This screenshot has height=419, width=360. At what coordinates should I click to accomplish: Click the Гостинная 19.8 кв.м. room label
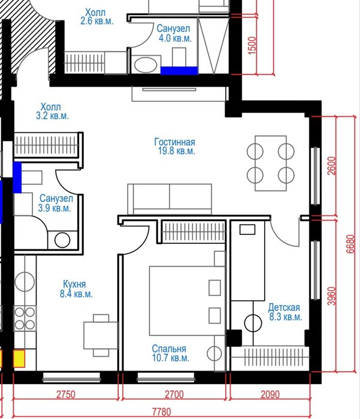(175, 146)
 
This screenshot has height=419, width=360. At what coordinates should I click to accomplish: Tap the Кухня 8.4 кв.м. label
(76, 289)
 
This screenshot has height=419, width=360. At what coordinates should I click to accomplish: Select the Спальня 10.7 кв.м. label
(170, 353)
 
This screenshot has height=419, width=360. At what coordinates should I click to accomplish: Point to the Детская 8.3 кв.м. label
(286, 312)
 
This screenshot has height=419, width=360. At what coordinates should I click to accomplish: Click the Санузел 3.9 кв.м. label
(56, 203)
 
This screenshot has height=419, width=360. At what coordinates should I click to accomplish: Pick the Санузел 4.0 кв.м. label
(174, 33)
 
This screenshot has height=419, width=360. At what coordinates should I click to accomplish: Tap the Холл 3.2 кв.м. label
(52, 111)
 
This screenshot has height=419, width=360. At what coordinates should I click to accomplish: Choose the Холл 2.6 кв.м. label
(96, 17)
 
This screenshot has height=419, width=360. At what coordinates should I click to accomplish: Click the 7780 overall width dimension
(161, 412)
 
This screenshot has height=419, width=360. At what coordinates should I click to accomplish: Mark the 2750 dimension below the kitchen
(66, 394)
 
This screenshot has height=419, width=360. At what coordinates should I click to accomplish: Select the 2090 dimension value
(270, 394)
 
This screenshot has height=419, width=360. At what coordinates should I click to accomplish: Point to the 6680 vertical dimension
(350, 244)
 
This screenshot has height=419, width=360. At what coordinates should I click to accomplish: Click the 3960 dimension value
(331, 296)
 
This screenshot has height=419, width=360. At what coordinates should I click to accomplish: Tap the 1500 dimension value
(252, 46)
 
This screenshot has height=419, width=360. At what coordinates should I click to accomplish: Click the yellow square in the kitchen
(19, 358)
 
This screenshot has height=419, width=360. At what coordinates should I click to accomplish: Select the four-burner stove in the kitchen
(25, 318)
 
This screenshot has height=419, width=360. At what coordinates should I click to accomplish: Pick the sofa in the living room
(170, 199)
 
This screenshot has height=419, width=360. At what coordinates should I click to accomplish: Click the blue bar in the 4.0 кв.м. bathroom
(179, 71)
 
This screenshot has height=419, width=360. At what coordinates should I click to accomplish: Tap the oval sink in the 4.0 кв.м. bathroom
(146, 65)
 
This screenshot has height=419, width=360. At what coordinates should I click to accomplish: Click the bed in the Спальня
(187, 301)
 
